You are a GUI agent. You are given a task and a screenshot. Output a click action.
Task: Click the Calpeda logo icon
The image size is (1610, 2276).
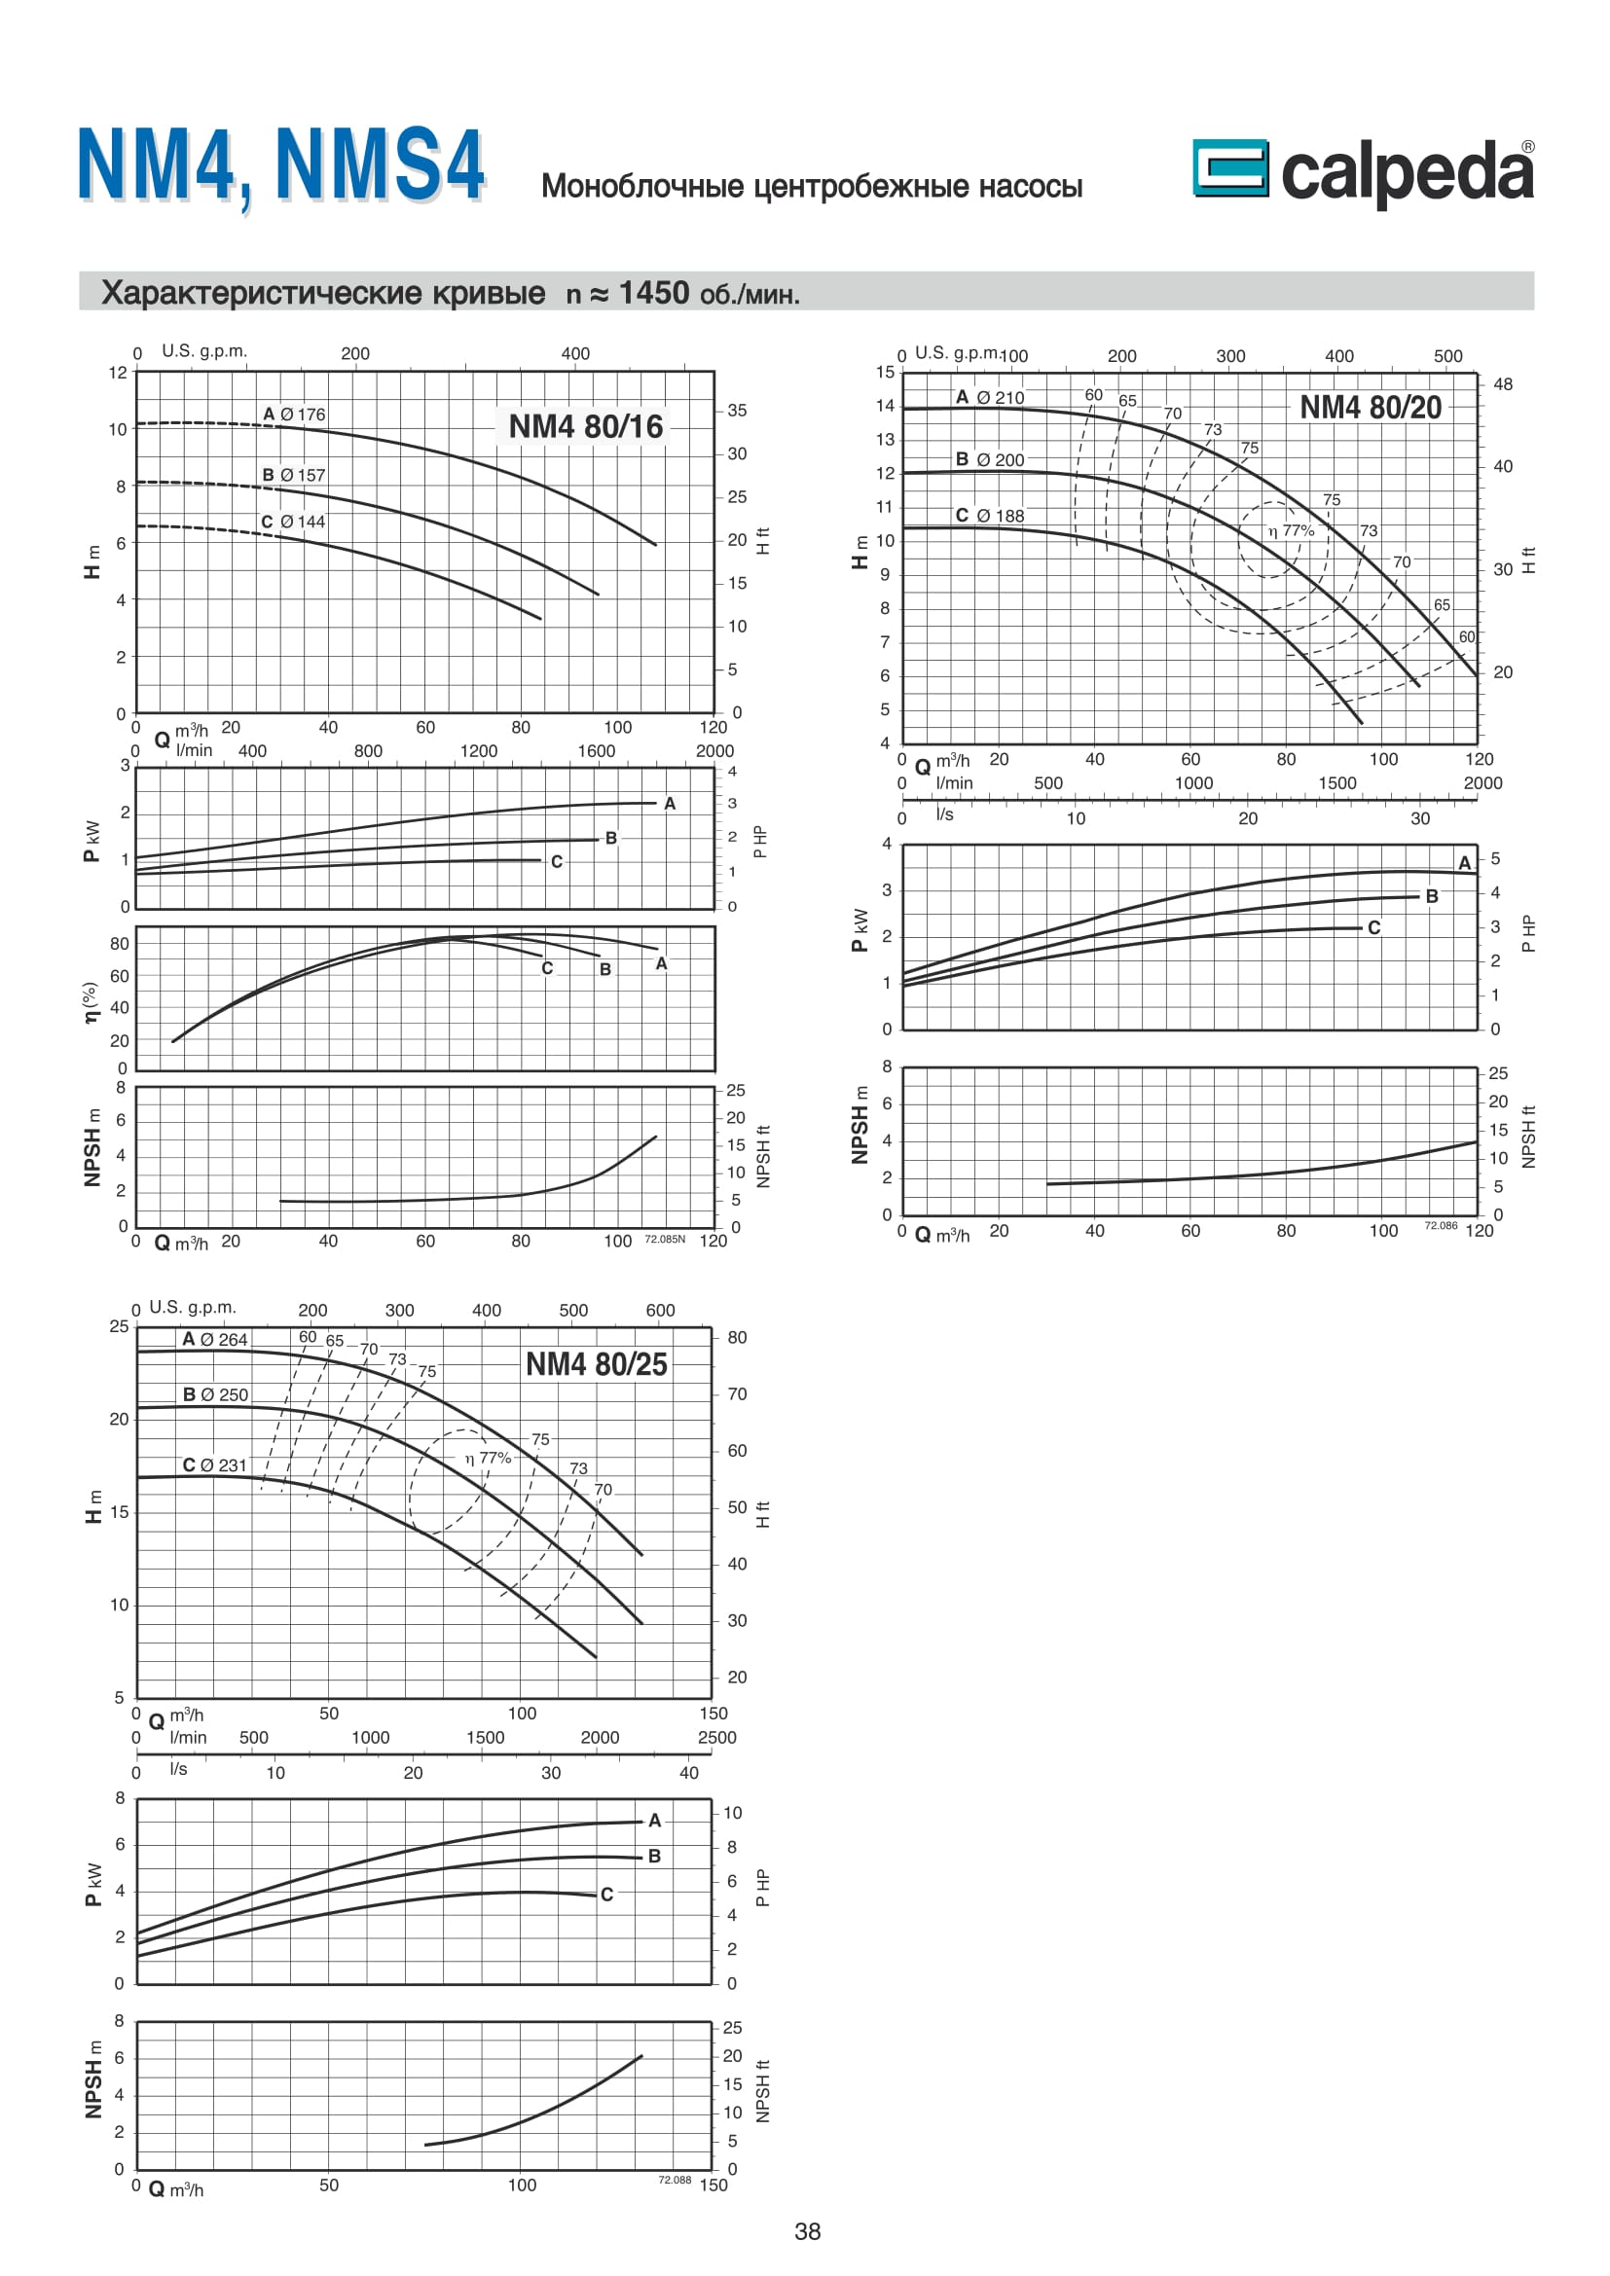click(1229, 167)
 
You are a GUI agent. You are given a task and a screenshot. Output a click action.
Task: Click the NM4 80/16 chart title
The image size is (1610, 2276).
click(585, 426)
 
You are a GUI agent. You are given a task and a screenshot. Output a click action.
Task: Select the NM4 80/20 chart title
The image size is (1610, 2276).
click(1371, 408)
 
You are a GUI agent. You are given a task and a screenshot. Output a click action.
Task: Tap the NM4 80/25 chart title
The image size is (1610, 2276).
click(596, 1364)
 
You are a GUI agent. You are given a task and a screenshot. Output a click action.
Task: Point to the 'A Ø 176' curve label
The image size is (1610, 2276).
click(293, 415)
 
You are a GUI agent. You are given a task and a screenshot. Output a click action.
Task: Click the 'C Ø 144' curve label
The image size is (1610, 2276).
click(292, 522)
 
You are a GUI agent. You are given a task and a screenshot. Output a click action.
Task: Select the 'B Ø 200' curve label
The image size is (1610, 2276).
click(989, 459)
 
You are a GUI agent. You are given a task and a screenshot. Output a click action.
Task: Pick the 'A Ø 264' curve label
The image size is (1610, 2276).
click(215, 1339)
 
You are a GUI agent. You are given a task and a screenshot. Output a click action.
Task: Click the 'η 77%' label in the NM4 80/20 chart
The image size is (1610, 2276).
click(1291, 530)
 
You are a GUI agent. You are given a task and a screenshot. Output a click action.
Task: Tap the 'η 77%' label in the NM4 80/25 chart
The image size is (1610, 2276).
click(488, 1458)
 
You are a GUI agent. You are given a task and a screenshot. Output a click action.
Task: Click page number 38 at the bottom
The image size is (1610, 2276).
click(807, 2231)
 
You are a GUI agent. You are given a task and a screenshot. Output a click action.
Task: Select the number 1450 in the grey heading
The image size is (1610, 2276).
click(653, 293)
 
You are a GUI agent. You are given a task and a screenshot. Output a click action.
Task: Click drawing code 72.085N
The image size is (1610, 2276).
click(664, 1239)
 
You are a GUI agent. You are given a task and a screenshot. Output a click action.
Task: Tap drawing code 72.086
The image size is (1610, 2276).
click(1441, 1225)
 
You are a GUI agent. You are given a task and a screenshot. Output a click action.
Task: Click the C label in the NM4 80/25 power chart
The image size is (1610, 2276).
click(606, 1895)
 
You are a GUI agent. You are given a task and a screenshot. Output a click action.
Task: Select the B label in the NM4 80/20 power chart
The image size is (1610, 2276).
click(1432, 896)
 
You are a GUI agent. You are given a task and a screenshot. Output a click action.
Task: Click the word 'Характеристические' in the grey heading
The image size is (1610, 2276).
click(323, 293)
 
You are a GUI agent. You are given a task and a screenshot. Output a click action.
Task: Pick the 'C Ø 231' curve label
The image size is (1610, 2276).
click(214, 1465)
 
